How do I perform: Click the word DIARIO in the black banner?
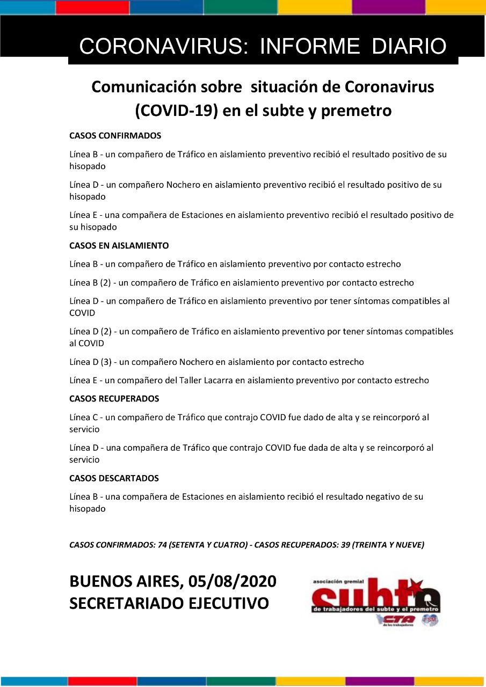click(x=409, y=47)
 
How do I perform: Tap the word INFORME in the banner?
click(x=309, y=47)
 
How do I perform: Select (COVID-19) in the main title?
click(x=171, y=111)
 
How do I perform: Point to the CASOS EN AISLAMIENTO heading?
click(x=119, y=246)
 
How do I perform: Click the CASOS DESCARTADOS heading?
click(x=114, y=478)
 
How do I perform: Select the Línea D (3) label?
click(x=90, y=362)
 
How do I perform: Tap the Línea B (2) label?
click(x=90, y=282)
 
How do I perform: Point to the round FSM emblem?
click(x=430, y=620)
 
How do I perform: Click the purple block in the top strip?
click(x=388, y=7)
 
